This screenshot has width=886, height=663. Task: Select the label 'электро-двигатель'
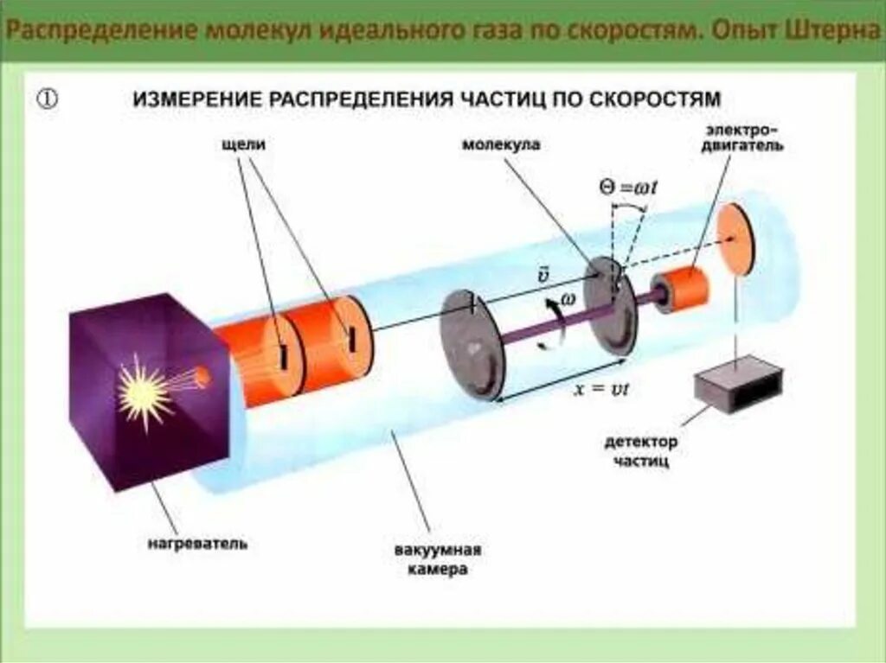coord(743,138)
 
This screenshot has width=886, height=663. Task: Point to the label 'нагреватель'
coord(197,544)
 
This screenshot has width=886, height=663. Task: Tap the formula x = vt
coord(602,389)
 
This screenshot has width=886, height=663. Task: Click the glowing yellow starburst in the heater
coord(144,391)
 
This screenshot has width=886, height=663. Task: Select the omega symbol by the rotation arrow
coord(568,297)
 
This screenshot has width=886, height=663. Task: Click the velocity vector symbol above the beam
coord(543,275)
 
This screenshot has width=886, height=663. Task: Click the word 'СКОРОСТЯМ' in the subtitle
coord(663,98)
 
